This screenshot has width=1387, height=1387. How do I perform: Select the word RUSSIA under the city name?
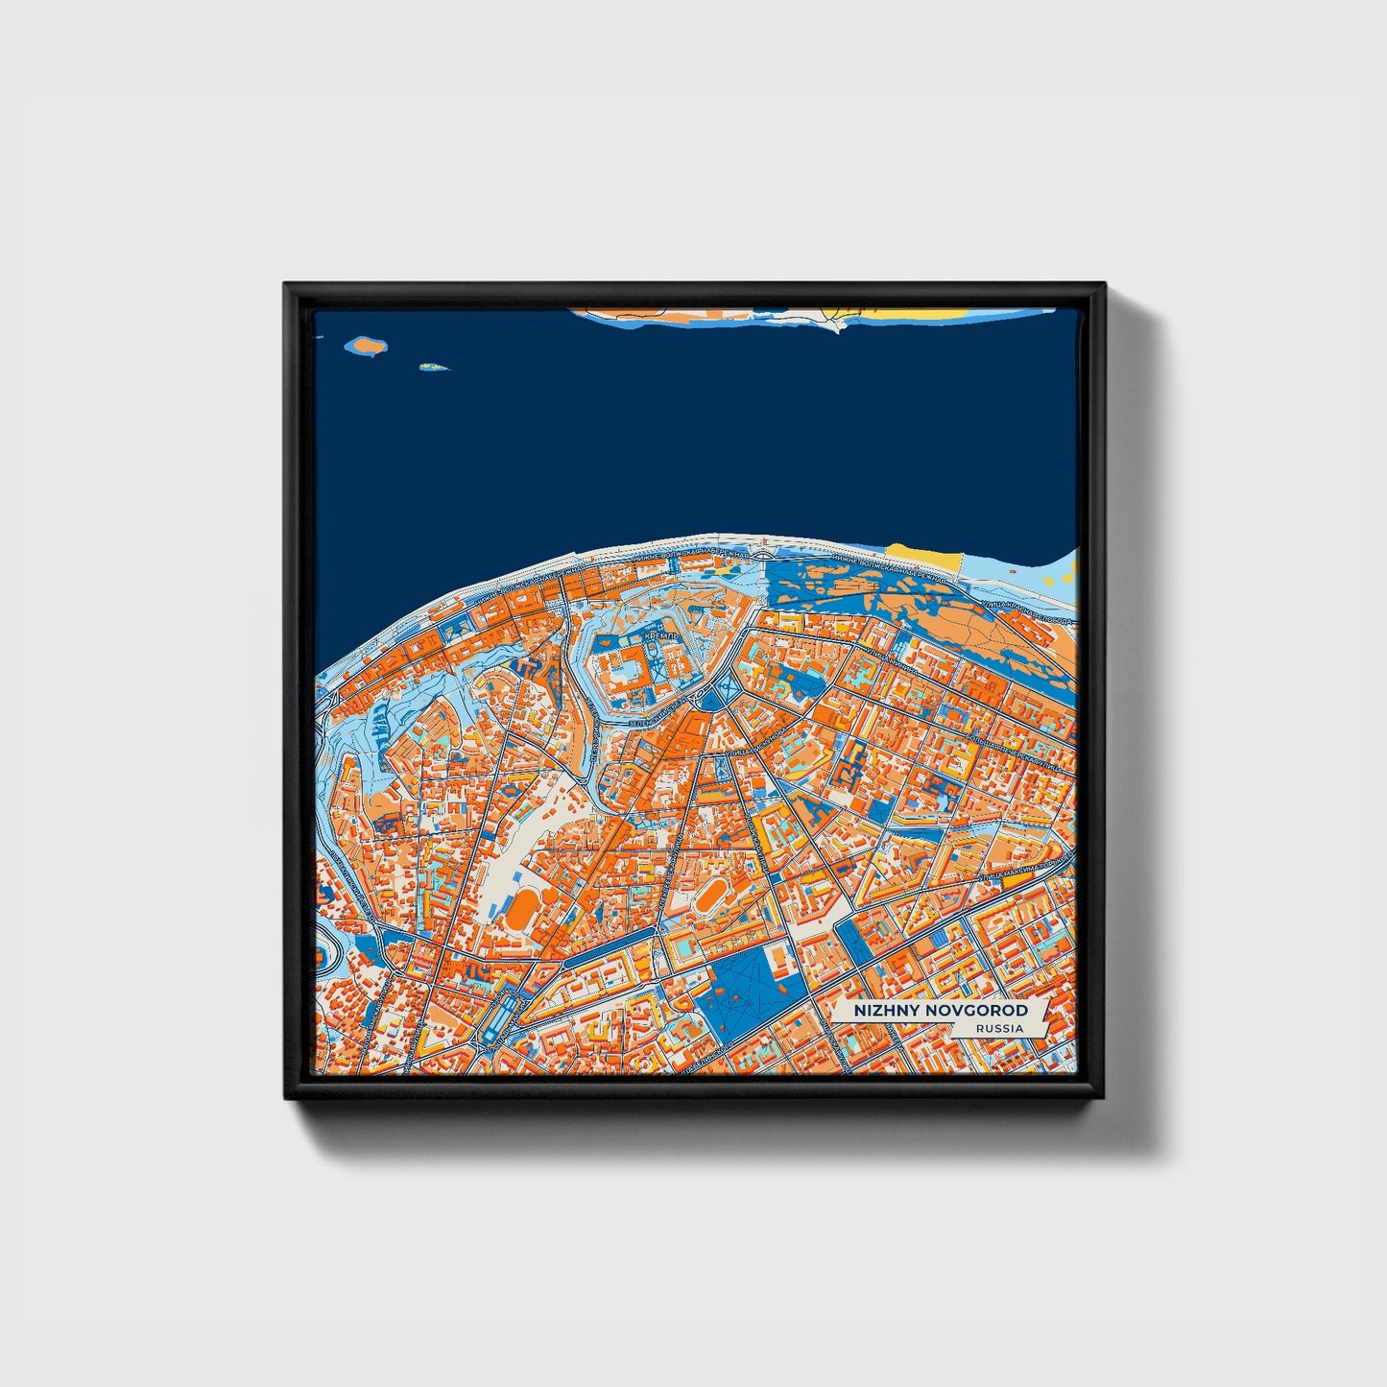998,1029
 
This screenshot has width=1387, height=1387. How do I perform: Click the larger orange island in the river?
366,344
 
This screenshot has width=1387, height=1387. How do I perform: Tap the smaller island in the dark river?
434,366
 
